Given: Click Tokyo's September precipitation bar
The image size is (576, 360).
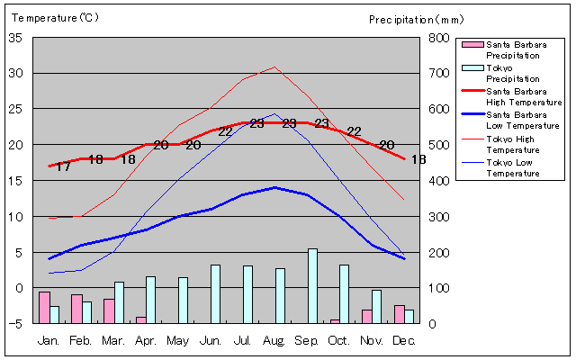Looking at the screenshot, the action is point(312,286).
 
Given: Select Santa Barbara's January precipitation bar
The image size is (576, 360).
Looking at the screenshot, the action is point(44,308).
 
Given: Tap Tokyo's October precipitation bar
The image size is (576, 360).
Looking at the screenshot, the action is point(344,294).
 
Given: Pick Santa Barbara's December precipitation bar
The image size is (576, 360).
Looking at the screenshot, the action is point(400,314).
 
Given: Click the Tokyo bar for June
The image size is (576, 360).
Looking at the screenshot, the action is point(215,294).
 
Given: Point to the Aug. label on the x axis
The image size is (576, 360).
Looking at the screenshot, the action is point(274,341).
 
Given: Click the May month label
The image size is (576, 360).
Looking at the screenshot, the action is point(178,341).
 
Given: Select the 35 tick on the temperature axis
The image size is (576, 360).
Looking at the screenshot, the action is point(15,38).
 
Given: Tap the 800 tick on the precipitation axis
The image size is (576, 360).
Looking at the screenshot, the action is point(438,38).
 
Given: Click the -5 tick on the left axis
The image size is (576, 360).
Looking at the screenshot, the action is point(15,324).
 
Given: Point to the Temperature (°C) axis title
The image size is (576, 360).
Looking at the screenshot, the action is point(55,18).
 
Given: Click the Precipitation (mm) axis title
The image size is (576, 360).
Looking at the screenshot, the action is point(416,20).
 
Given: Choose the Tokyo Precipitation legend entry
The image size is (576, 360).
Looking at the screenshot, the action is point(500,74).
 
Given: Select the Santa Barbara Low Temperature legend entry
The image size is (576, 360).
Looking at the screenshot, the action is point(510,120).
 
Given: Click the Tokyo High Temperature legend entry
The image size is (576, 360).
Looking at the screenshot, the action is point(500,144).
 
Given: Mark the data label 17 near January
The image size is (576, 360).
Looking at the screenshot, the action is point(63,167).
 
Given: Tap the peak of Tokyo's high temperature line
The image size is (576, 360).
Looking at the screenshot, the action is point(274,67).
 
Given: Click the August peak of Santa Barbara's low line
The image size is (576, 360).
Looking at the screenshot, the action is point(274,187).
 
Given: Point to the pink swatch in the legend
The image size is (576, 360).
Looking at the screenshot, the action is point(472,44).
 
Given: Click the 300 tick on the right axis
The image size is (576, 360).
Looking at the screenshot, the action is point(438,217).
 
